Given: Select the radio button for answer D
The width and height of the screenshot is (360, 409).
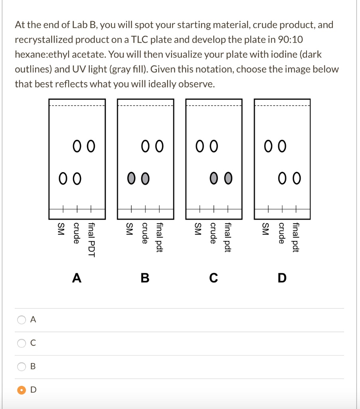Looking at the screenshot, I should coord(20,390).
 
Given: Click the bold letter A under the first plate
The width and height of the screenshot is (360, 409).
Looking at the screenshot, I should coord(77,278).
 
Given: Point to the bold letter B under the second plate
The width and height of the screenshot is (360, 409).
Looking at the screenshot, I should coord(145,278).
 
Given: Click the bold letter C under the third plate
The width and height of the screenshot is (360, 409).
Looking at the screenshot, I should coord(214,278).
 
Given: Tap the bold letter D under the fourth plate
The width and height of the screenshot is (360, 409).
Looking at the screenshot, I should coord(282,278).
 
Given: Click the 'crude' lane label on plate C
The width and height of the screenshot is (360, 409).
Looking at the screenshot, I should coord(213,233).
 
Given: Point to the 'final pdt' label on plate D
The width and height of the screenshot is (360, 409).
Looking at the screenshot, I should coord(296,238).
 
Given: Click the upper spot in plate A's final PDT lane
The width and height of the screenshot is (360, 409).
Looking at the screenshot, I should coord(91,147).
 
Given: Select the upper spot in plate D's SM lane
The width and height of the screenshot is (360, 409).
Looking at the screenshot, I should coord(268,147).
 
